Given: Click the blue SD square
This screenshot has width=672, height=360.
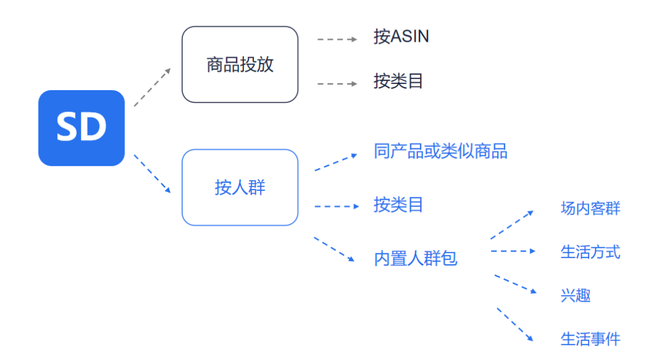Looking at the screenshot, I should pyautogui.click(x=82, y=128).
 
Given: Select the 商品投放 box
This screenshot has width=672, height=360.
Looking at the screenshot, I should pyautogui.click(x=240, y=64).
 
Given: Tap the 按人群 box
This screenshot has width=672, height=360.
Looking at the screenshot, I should pyautogui.click(x=240, y=187).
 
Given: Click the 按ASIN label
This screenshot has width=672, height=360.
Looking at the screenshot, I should pyautogui.click(x=401, y=37).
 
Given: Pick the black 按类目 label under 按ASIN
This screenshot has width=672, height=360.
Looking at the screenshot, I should pyautogui.click(x=398, y=81).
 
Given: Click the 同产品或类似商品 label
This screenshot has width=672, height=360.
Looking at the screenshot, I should pyautogui.click(x=441, y=151).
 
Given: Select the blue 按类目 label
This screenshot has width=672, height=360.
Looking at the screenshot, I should pyautogui.click(x=398, y=205).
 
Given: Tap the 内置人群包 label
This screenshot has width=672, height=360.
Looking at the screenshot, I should pyautogui.click(x=416, y=258).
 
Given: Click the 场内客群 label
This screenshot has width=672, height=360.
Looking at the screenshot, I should pyautogui.click(x=590, y=208).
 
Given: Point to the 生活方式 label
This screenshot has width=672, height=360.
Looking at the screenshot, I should pyautogui.click(x=590, y=252).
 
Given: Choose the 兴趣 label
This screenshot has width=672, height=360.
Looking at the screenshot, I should pyautogui.click(x=575, y=295).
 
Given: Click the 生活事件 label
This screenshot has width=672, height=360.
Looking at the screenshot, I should pyautogui.click(x=590, y=339).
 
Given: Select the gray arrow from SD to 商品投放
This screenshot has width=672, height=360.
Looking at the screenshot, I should pyautogui.click(x=152, y=87).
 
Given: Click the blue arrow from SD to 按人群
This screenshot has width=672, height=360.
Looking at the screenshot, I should pyautogui.click(x=152, y=174).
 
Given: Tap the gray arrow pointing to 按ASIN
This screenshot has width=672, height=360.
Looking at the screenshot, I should pyautogui.click(x=337, y=39).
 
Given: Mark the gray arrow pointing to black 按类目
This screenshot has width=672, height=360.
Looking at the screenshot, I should pyautogui.click(x=337, y=83).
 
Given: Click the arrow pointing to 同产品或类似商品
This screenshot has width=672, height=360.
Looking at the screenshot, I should pyautogui.click(x=336, y=162).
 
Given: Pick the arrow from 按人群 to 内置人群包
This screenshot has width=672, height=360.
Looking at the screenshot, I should pyautogui.click(x=334, y=249).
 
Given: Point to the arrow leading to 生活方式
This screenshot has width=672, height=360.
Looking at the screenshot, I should pyautogui.click(x=513, y=251).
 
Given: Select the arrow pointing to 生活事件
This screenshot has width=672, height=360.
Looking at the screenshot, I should pyautogui.click(x=515, y=324).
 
